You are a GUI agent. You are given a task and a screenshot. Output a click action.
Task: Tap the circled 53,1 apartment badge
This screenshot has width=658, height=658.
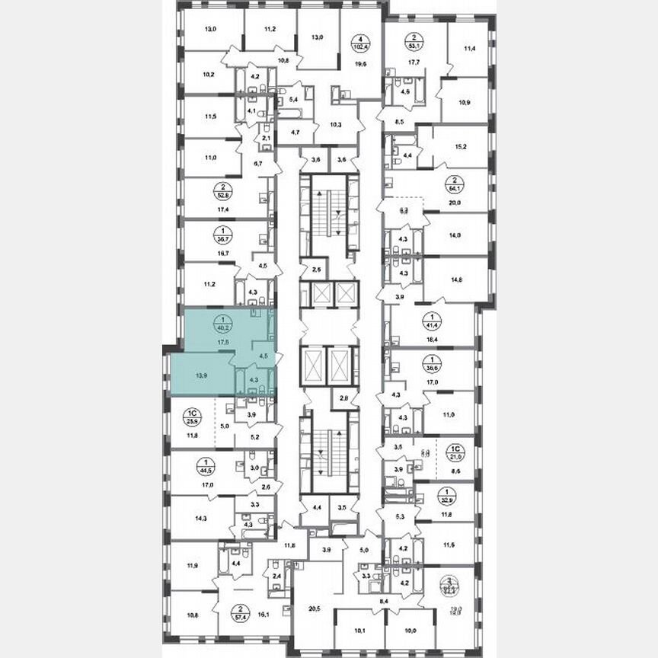tap(414, 40)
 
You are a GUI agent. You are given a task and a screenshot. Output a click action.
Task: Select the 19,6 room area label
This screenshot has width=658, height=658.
tap(359, 65)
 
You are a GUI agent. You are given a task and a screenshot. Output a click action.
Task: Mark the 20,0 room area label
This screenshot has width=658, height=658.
tap(457, 203)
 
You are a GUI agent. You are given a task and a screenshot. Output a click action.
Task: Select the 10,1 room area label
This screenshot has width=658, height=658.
tap(360, 630)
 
